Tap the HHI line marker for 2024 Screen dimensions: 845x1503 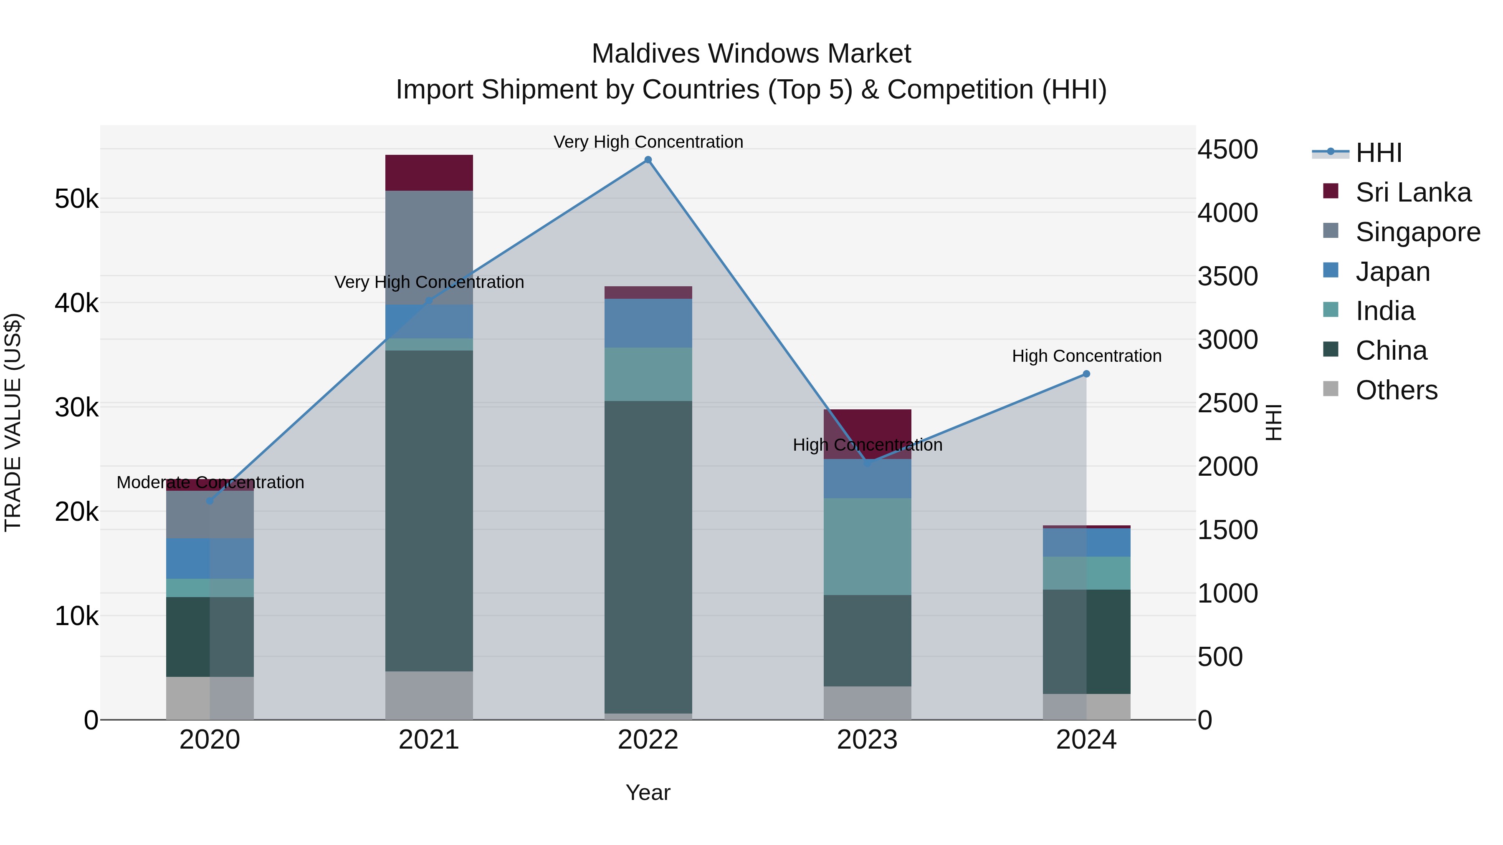tap(1086, 374)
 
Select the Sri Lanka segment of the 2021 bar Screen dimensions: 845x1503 tap(429, 173)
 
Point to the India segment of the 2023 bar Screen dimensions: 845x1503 tap(867, 546)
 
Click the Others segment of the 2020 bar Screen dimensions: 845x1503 tap(210, 698)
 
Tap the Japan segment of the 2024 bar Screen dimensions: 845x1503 tap(1086, 542)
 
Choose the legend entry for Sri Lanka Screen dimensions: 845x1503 tap(1412, 192)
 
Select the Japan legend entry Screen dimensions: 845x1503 tap(1392, 272)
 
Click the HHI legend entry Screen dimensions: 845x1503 tap(1378, 153)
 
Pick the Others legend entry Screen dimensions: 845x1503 tap(1396, 390)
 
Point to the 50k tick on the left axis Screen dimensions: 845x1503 tap(76, 199)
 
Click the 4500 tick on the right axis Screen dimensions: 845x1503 tap(1227, 149)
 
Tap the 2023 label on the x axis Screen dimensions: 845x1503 tap(867, 740)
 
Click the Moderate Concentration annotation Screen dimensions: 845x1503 tap(210, 482)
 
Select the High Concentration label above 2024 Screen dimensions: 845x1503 tap(1086, 356)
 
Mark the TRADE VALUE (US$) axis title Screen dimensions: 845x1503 tap(13, 422)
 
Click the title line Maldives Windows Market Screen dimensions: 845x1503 tap(751, 54)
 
